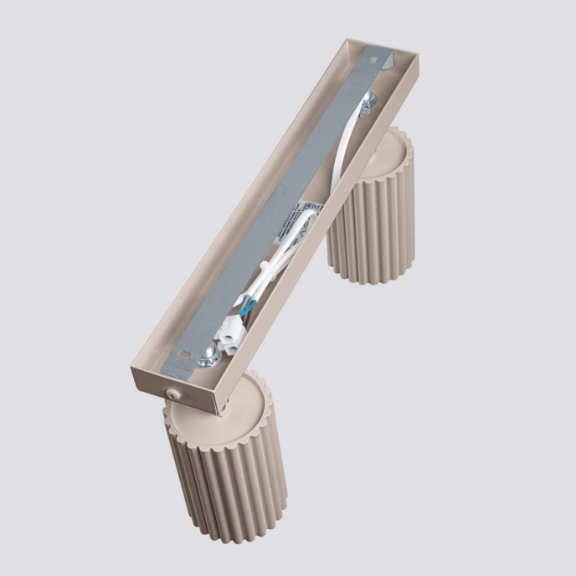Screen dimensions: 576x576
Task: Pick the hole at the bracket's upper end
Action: point(373,60)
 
